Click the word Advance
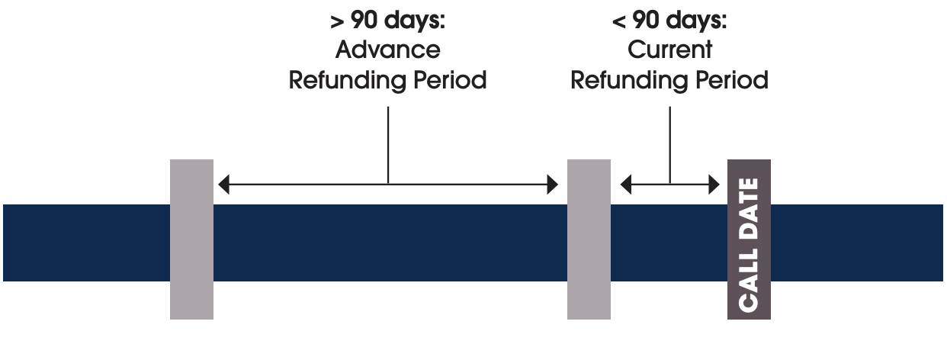pos(387,50)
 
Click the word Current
pos(669,50)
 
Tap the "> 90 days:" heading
pos(387,20)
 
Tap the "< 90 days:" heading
pos(669,20)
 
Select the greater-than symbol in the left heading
pos(337,21)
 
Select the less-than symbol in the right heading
pos(619,21)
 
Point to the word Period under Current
pos(732,80)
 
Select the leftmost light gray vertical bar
pos(191,239)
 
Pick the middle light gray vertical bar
pos(589,239)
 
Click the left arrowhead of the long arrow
pos(224,185)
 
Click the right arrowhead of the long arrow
pos(553,185)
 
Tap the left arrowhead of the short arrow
pos(626,185)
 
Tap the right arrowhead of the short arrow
pos(714,185)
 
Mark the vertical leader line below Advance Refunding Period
pos(388,145)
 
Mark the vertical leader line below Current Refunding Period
pos(670,145)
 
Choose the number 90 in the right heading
pos(646,20)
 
